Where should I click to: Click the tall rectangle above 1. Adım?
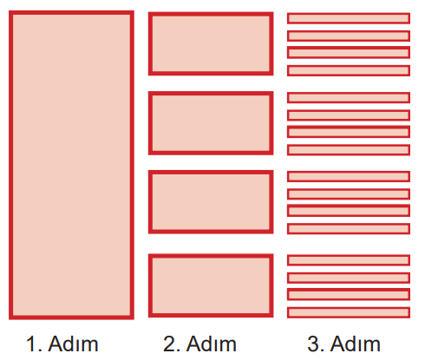71,165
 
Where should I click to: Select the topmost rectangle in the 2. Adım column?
211,43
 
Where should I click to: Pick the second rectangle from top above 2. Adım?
211,123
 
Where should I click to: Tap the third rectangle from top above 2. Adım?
211,202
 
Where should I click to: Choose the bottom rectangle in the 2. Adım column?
211,285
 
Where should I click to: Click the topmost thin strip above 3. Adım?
349,18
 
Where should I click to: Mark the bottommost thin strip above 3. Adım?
349,312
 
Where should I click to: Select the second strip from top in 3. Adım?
349,36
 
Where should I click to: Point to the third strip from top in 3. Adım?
349,53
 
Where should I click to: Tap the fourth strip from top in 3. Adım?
349,70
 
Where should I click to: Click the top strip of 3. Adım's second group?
349,98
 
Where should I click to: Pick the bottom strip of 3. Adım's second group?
349,150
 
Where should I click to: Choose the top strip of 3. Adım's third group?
349,176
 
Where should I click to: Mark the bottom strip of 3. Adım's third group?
349,229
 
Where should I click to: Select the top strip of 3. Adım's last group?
349,260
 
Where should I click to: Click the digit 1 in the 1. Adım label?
31,344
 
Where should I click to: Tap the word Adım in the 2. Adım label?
212,344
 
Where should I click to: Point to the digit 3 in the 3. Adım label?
313,344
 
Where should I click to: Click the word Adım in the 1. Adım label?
74,344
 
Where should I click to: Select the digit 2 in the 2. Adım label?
169,344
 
